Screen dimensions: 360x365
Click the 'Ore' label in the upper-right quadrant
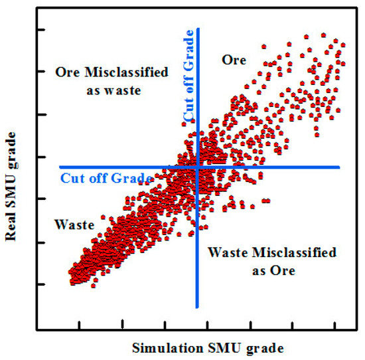pyautogui.click(x=233, y=60)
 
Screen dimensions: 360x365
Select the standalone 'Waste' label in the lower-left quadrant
pyautogui.click(x=74, y=225)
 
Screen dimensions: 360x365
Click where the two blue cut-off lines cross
pyautogui.click(x=197, y=167)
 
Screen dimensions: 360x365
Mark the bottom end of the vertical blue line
pyautogui.click(x=197, y=307)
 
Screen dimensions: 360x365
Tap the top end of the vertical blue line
pyautogui.click(x=197, y=29)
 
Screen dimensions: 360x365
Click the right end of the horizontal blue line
pyautogui.click(x=339, y=167)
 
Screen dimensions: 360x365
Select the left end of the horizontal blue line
pyautogui.click(x=60, y=167)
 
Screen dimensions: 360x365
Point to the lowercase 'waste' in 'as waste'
pyautogui.click(x=124, y=91)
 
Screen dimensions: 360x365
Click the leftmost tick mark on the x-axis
pyautogui.click(x=80, y=325)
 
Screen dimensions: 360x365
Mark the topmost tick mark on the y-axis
pyautogui.click(x=40, y=30)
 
